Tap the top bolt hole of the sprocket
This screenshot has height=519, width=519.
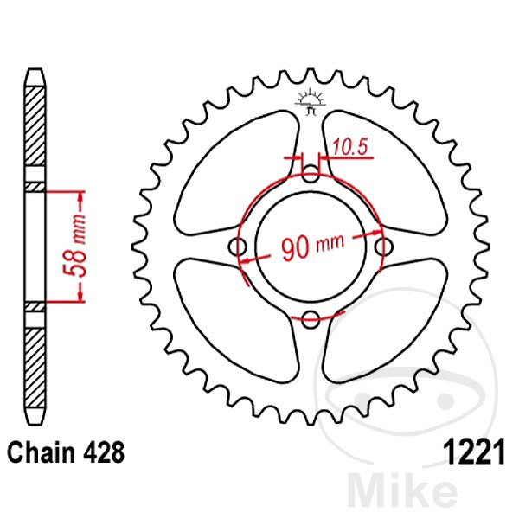[x=311, y=176]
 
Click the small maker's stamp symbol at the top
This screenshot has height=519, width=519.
[x=311, y=99]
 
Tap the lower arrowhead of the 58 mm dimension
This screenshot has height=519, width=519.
[x=82, y=296]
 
